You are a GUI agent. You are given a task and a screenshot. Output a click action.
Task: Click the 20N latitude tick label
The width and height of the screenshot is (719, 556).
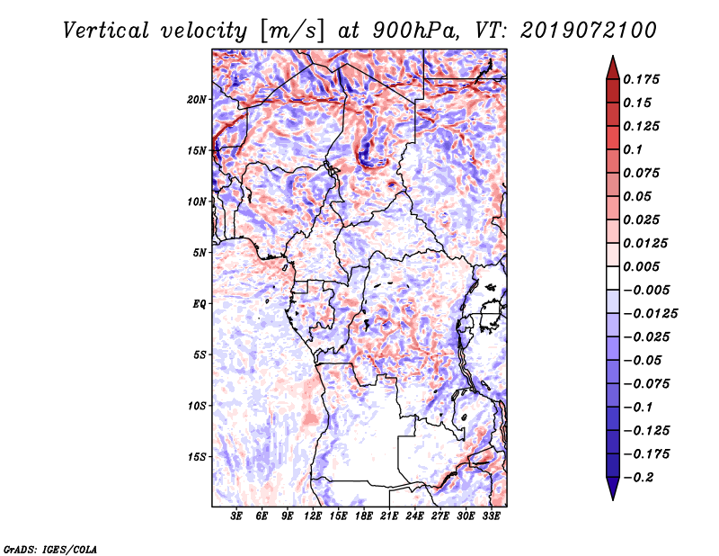[198, 99]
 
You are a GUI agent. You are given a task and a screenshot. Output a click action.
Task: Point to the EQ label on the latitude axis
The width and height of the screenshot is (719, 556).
[200, 303]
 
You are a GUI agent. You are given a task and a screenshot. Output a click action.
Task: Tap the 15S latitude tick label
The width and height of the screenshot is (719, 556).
[198, 456]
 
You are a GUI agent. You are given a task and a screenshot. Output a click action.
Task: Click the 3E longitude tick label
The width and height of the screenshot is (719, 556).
[237, 516]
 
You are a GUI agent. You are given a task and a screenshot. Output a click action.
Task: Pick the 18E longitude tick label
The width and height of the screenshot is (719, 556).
[364, 516]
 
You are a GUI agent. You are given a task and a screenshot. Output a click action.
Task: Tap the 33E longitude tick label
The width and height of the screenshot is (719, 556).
[492, 516]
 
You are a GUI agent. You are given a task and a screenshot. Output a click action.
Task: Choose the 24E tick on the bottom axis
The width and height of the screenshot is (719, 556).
[415, 516]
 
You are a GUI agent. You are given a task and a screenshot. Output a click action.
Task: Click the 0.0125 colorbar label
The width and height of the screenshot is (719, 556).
[646, 243]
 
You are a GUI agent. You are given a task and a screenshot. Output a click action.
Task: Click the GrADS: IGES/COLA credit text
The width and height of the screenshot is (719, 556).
[49, 548]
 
